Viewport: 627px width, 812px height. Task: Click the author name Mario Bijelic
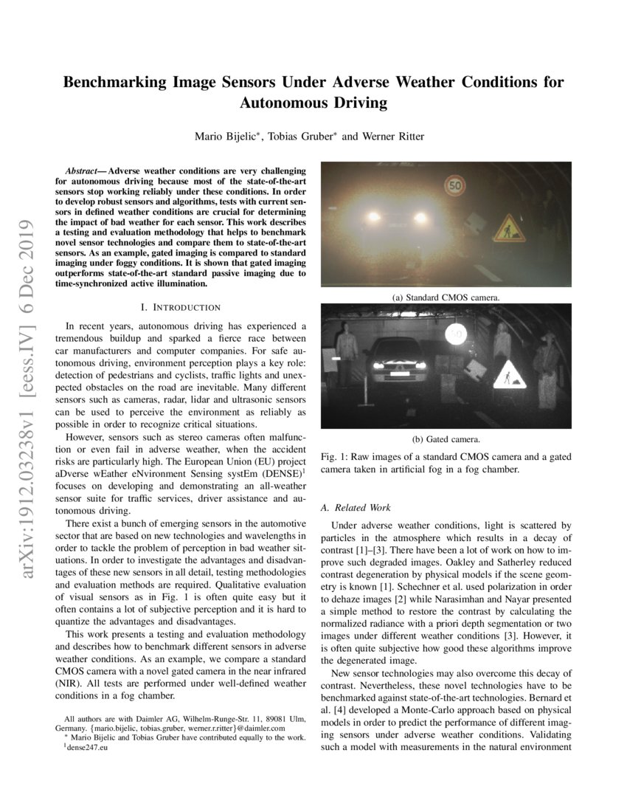[224, 137]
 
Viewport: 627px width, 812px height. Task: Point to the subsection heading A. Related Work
[357, 508]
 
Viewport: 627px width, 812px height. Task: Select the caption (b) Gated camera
[446, 438]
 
